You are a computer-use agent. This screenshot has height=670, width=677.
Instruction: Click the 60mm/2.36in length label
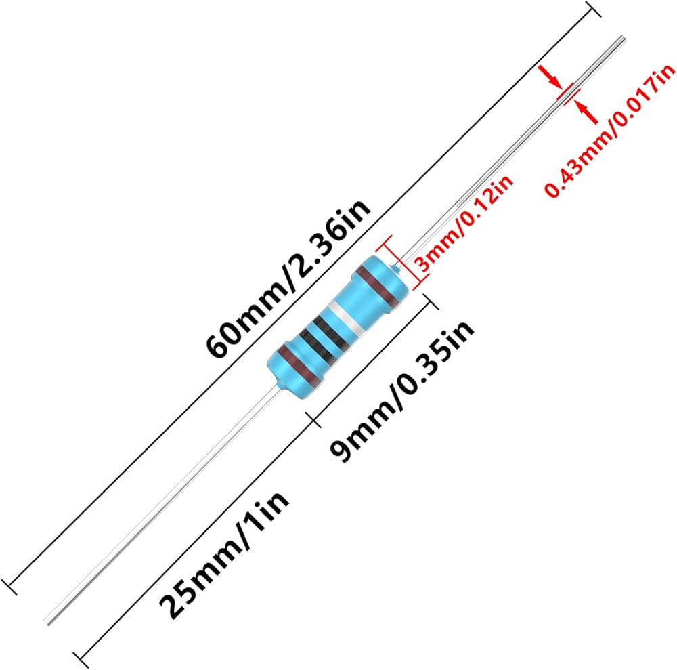coord(291,280)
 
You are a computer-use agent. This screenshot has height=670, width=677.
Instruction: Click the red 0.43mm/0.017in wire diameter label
coord(610,133)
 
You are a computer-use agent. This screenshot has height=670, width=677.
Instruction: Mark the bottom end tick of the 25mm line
coord(80,658)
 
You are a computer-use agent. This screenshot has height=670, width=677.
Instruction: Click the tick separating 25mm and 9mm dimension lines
coord(313,419)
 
